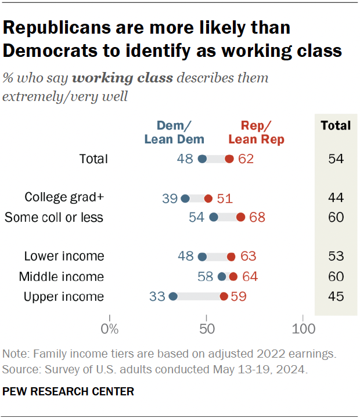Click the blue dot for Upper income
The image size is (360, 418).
pyautogui.click(x=173, y=297)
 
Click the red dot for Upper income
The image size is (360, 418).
pyautogui.click(x=224, y=297)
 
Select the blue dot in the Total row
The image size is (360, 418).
pyautogui.click(x=202, y=159)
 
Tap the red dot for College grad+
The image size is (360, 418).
pyautogui.click(x=208, y=199)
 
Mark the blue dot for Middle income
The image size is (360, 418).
pyautogui.click(x=221, y=277)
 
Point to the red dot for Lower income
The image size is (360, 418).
pyautogui.click(x=231, y=257)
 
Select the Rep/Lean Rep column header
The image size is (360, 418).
pyautogui.click(x=256, y=132)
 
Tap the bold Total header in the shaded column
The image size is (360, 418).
pyautogui.click(x=336, y=125)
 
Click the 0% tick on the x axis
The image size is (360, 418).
pyautogui.click(x=109, y=329)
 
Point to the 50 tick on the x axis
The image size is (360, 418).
pyautogui.click(x=206, y=329)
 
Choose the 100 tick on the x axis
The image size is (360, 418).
pyautogui.click(x=303, y=329)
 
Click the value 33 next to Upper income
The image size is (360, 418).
pyautogui.click(x=157, y=297)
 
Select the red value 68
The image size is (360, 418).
pyautogui.click(x=258, y=217)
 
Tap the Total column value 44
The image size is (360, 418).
pyautogui.click(x=335, y=199)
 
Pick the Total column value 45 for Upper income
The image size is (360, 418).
pyautogui.click(x=335, y=297)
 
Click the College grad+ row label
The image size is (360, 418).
pyautogui.click(x=64, y=197)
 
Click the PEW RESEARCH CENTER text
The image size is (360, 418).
pyautogui.click(x=69, y=392)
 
